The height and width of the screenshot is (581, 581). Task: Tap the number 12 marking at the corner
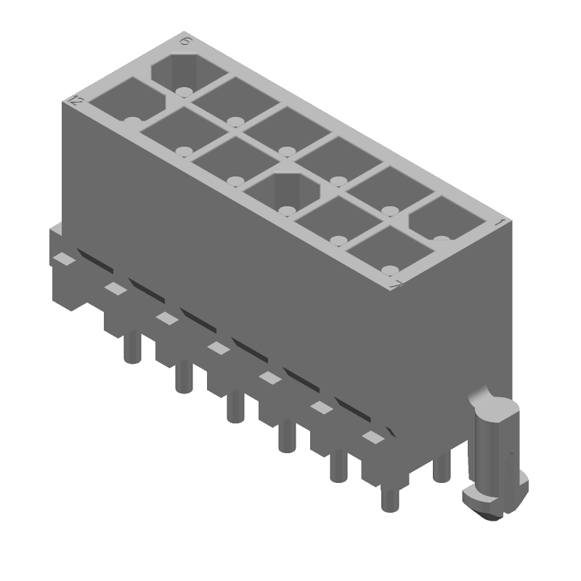[75, 102]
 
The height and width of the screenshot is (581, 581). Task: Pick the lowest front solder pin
[390, 500]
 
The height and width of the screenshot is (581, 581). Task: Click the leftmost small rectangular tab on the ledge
[65, 259]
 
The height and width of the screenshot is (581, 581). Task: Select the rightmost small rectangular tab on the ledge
[373, 437]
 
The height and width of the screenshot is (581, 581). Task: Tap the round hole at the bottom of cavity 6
[183, 92]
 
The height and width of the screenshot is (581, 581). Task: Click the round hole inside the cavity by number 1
[442, 239]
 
